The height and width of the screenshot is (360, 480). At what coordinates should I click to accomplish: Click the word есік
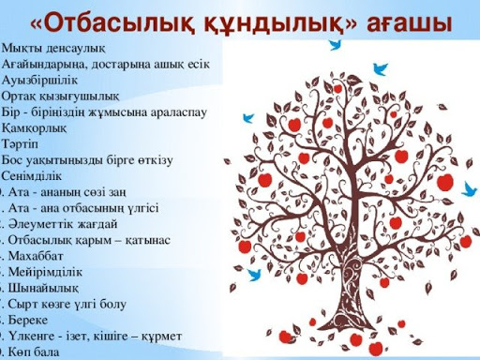207,64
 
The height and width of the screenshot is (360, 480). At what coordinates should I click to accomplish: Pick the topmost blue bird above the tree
335,43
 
